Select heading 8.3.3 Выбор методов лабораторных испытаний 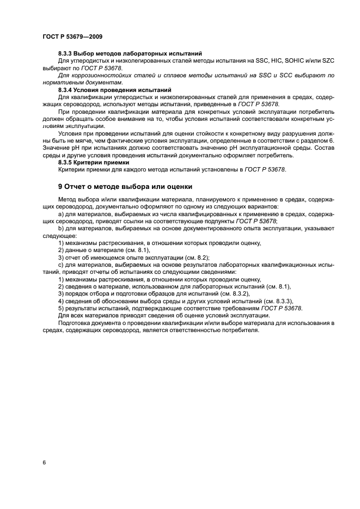coord(130,53)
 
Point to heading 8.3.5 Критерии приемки coord(93,162)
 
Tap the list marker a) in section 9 coord(60,214)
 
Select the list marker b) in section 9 coord(60,229)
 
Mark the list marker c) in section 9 coord(60,264)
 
